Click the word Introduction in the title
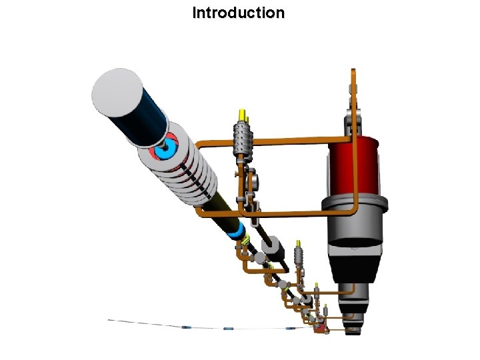click(x=238, y=13)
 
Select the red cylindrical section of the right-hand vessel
click(x=353, y=167)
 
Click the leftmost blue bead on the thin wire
click(x=186, y=327)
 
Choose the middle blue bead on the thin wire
click(x=229, y=329)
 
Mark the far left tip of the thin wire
click(x=109, y=320)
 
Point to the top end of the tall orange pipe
click(x=353, y=71)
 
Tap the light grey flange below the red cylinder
click(x=353, y=211)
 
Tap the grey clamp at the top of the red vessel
click(x=353, y=123)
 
